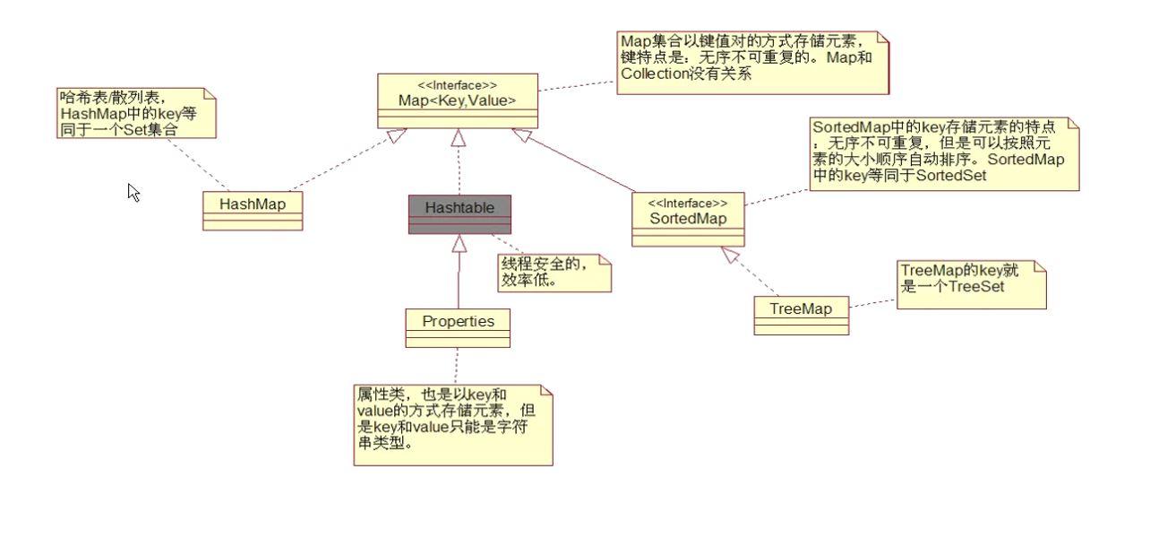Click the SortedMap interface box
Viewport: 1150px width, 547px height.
688,218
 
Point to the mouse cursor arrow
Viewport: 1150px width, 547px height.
133,191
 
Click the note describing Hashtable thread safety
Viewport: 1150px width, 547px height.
554,273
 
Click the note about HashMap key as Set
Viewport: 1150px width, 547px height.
134,111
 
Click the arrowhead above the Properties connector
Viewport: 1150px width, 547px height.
459,241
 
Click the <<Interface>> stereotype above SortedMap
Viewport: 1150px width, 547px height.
688,203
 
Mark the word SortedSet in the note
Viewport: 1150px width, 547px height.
948,176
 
